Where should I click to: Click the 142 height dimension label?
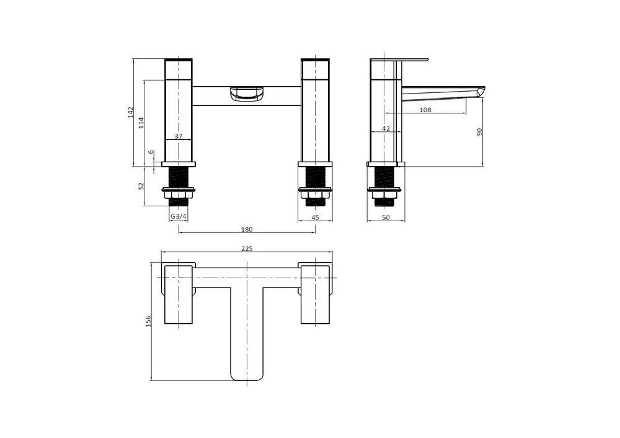click(x=131, y=112)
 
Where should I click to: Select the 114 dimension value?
click(x=141, y=123)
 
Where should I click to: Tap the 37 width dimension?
click(x=179, y=136)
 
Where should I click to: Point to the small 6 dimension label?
click(x=151, y=152)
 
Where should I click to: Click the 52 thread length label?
click(x=141, y=186)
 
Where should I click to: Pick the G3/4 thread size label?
click(x=179, y=217)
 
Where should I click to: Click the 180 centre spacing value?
click(x=247, y=229)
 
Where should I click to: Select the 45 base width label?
click(x=315, y=217)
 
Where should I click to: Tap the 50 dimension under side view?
click(x=386, y=217)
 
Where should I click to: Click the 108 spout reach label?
click(x=425, y=110)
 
